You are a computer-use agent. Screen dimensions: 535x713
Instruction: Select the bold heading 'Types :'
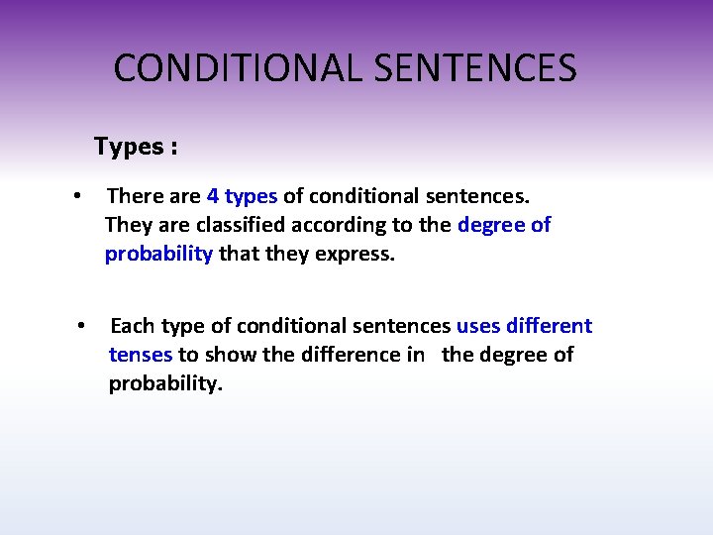click(x=136, y=147)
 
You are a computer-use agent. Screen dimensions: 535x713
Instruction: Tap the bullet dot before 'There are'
click(x=76, y=197)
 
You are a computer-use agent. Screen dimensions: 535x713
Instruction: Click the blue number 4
click(x=213, y=196)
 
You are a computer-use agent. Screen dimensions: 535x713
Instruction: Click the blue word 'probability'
click(x=158, y=254)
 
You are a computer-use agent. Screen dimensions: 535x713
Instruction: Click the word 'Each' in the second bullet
click(x=133, y=326)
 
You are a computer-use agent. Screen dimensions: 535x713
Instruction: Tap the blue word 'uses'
click(x=479, y=326)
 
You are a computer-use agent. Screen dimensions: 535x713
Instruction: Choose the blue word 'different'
click(x=551, y=326)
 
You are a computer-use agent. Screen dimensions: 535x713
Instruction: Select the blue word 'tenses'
click(x=141, y=355)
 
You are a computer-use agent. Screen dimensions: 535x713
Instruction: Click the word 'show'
click(x=230, y=355)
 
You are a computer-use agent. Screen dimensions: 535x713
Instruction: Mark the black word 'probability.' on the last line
click(x=166, y=383)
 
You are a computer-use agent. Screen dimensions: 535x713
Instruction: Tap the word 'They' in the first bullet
click(x=128, y=225)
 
